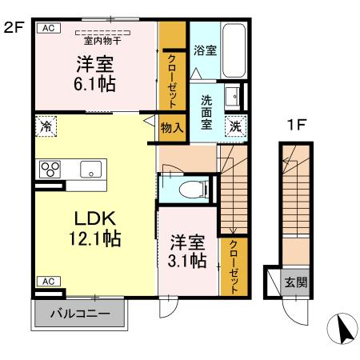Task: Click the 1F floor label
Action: [297, 125]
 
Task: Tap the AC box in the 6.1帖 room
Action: [47, 27]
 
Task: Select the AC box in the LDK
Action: [47, 281]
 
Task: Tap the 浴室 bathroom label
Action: [205, 50]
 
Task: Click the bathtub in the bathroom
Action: [234, 50]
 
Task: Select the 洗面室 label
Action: [206, 112]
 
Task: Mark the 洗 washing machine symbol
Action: [236, 125]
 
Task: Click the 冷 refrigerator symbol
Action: [46, 126]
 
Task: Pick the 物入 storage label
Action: [171, 127]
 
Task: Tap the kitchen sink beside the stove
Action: [90, 170]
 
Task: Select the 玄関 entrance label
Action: [296, 283]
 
